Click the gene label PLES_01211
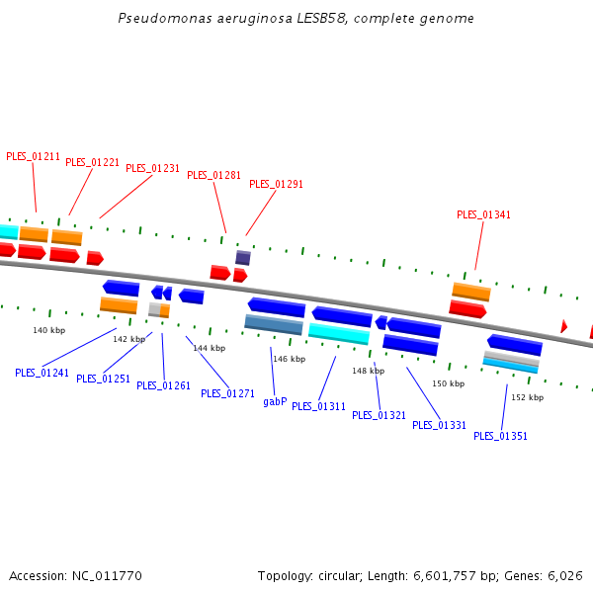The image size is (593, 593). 33,156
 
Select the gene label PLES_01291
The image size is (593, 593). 276,184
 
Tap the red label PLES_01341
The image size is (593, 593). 483,214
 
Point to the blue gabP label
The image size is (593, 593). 275,401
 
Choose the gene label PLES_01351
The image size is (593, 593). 500,436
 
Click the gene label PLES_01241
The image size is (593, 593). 42,373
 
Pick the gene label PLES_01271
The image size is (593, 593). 227,393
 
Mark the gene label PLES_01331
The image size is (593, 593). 439,425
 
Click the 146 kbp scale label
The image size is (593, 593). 289,359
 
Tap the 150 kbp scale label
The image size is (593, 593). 448,383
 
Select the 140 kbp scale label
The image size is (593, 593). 48,330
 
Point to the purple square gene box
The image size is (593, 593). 242,258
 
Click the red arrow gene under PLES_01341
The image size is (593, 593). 467,309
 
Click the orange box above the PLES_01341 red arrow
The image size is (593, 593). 471,292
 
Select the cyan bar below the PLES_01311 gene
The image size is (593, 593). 339,333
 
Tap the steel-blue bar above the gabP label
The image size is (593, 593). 274,324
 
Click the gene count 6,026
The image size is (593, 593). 565,575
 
